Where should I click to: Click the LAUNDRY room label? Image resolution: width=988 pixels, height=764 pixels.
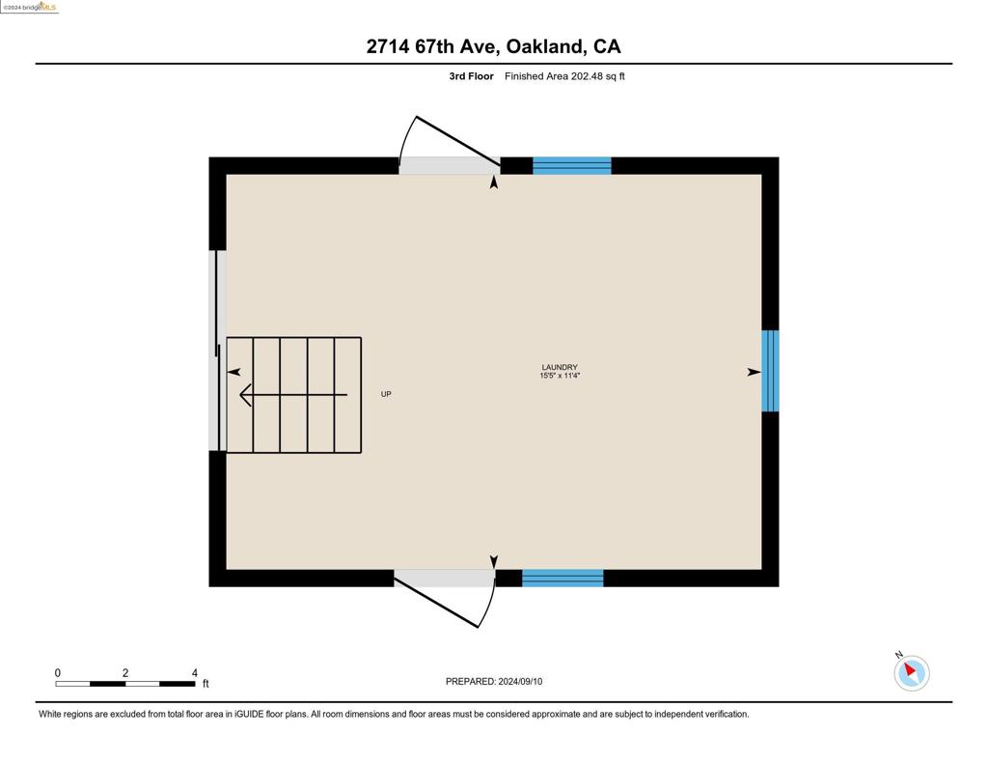tap(560, 367)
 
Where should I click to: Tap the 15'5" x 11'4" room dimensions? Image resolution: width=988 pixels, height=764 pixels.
tap(560, 376)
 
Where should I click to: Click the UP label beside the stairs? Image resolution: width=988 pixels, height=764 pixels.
tap(386, 394)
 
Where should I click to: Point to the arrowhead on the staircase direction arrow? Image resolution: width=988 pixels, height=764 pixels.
tap(246, 395)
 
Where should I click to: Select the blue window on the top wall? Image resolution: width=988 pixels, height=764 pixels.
tap(572, 165)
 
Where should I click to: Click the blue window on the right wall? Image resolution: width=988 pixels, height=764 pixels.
tap(770, 371)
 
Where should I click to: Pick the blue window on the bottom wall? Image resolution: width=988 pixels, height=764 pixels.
tap(563, 578)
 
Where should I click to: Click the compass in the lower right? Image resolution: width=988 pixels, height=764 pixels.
tap(911, 672)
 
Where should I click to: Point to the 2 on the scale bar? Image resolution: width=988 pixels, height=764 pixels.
tap(125, 672)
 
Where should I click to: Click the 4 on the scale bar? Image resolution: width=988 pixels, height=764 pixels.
tap(195, 672)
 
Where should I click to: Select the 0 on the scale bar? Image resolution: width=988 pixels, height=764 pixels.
tap(57, 672)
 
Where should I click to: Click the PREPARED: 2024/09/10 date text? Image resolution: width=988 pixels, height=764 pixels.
tap(494, 681)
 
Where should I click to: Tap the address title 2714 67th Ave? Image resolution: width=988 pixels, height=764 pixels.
tap(433, 46)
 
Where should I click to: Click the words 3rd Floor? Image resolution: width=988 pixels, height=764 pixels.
tap(471, 76)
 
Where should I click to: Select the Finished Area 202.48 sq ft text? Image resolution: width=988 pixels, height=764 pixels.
tap(564, 76)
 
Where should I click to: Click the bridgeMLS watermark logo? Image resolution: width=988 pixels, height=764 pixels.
tap(30, 7)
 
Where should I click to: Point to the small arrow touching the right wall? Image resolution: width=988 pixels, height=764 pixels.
tap(755, 372)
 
